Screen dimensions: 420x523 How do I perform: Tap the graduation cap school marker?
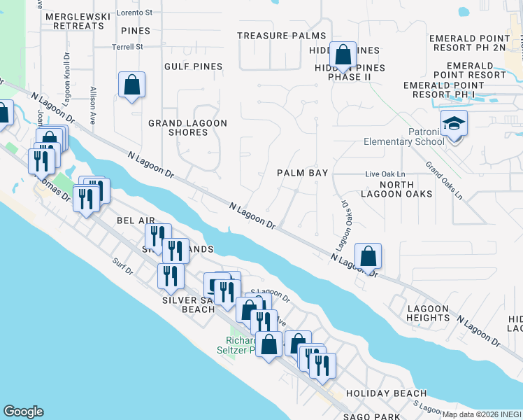point(454,125)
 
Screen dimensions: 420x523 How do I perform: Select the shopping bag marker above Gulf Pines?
point(131,86)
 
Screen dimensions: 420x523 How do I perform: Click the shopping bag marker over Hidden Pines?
point(343,55)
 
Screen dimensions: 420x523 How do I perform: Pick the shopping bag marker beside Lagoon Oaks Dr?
point(368,257)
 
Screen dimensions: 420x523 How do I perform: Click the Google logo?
point(23,412)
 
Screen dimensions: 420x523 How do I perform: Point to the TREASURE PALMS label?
point(281,35)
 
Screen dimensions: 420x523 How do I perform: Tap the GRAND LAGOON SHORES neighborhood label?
point(187,127)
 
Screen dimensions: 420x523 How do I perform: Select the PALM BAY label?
point(302,172)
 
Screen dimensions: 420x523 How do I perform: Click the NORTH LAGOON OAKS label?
point(396,188)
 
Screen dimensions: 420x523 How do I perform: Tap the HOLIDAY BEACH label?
point(386,393)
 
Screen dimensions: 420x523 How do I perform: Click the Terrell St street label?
point(127,48)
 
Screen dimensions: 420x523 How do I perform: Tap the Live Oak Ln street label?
point(385,174)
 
